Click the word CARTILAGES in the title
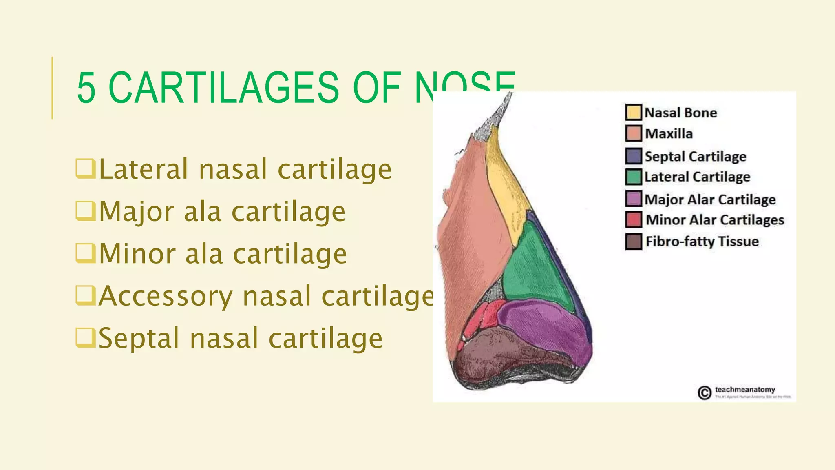tap(223, 88)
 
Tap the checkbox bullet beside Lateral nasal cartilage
tap(85, 168)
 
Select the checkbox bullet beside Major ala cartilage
tap(85, 211)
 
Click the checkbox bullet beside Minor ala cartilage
tap(85, 253)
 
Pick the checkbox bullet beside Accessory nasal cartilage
tap(85, 295)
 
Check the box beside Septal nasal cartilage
tap(85, 338)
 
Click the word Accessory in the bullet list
tap(166, 296)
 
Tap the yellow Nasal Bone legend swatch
tap(634, 112)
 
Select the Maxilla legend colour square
tap(634, 133)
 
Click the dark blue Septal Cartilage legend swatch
tap(634, 156)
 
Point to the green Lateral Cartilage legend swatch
tap(634, 177)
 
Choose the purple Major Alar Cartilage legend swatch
tap(634, 199)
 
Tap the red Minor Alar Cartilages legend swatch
tap(634, 219)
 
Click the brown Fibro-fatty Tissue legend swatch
tap(634, 242)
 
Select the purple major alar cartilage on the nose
tap(546, 326)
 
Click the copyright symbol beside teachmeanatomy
tap(704, 393)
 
